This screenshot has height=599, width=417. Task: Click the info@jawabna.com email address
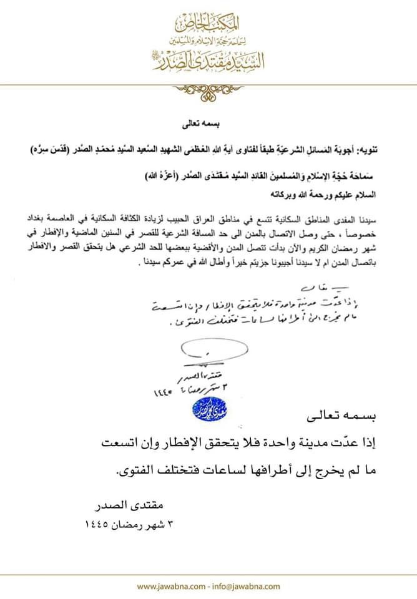tap(243, 586)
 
